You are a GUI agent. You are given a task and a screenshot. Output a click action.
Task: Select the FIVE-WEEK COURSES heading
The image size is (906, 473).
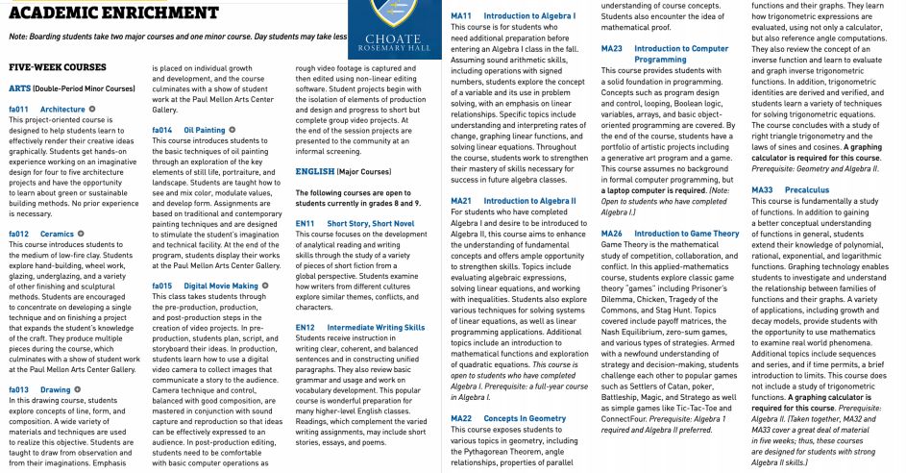(58, 68)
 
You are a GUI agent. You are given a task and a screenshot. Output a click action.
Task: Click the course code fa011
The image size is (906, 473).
(19, 110)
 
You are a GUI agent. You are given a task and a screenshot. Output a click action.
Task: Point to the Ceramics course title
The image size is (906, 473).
(57, 234)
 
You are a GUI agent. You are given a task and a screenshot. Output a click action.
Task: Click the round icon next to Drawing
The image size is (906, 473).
(78, 389)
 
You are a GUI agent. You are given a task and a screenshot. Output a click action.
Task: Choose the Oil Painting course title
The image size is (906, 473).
(205, 129)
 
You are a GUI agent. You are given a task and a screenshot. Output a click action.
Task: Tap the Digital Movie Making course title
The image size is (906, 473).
(221, 286)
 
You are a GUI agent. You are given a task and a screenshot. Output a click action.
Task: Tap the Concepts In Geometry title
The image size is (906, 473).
(525, 419)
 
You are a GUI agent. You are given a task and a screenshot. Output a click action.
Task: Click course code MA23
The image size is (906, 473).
(611, 48)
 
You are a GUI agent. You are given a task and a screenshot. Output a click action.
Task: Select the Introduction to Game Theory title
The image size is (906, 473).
(687, 234)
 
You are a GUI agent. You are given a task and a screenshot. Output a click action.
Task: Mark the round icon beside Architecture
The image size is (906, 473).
(93, 110)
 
